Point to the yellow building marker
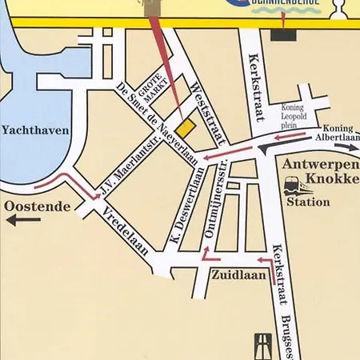pos(185,127)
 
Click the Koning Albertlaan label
pos(338,132)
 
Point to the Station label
pos(308,202)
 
